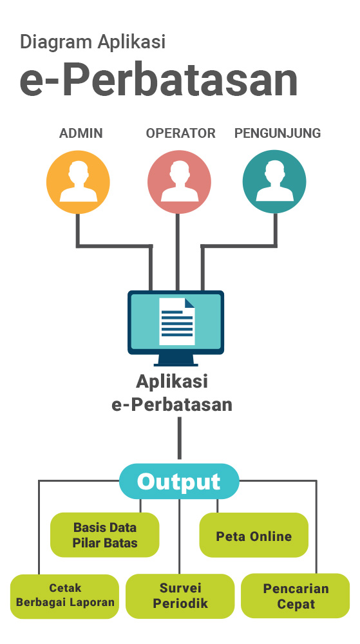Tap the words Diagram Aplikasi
pos(93,43)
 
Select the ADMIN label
pos(81,133)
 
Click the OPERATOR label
pos(180,133)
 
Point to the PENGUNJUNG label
pos(278,133)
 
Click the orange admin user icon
pos(78,182)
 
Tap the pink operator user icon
pos(179,182)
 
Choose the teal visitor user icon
pos(274,182)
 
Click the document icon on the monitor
pos(177,321)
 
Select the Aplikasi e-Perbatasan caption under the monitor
pos(172,393)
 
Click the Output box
pos(179,481)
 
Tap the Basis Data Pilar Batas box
pos(105,535)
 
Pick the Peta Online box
pos(254,535)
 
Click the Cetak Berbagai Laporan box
pos(64,596)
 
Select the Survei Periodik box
pos(180,596)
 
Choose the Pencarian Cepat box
pos(295,596)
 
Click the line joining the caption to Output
pos(180,438)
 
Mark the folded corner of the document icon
pos(189,303)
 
